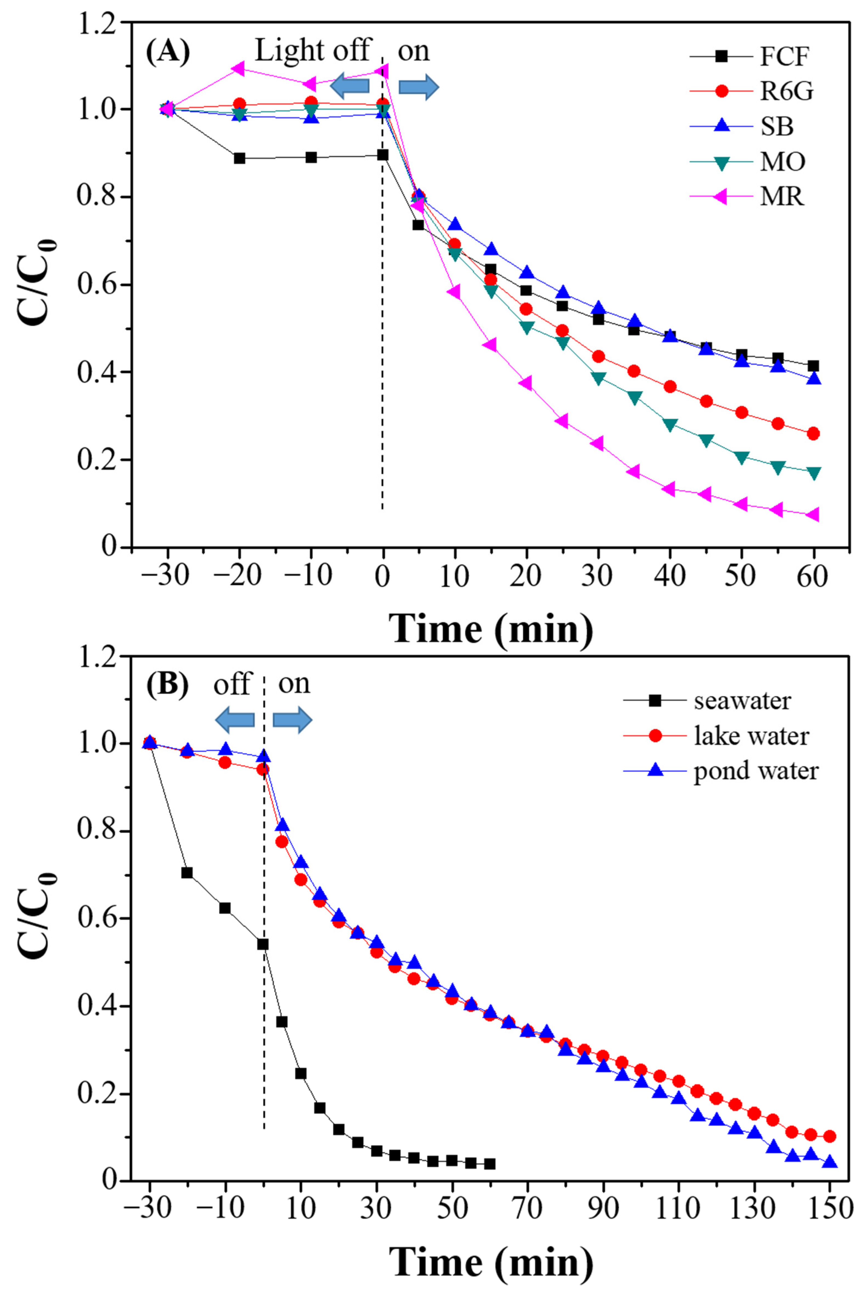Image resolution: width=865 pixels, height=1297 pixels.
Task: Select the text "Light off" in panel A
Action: click(312, 51)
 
